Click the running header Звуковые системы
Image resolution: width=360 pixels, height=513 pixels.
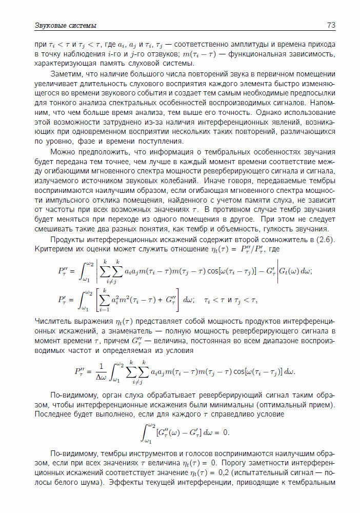click(65, 26)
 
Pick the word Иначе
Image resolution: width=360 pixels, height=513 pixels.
click(215, 180)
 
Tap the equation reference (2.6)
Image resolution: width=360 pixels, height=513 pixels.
click(325, 240)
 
